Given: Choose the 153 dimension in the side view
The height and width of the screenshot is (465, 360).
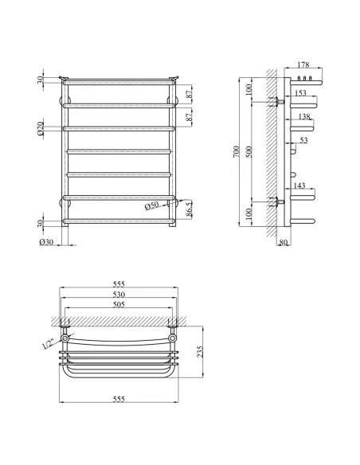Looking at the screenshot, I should (x=300, y=93).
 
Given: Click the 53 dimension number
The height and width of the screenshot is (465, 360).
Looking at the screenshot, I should (x=303, y=141).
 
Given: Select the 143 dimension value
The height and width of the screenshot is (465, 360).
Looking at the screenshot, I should (x=300, y=185).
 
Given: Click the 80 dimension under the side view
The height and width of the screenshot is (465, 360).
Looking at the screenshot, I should (x=284, y=242).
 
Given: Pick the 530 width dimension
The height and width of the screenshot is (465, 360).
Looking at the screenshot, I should (x=119, y=295).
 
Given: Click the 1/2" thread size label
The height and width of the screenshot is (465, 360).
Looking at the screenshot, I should (x=50, y=344).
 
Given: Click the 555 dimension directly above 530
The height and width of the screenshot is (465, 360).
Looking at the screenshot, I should (x=119, y=284).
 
